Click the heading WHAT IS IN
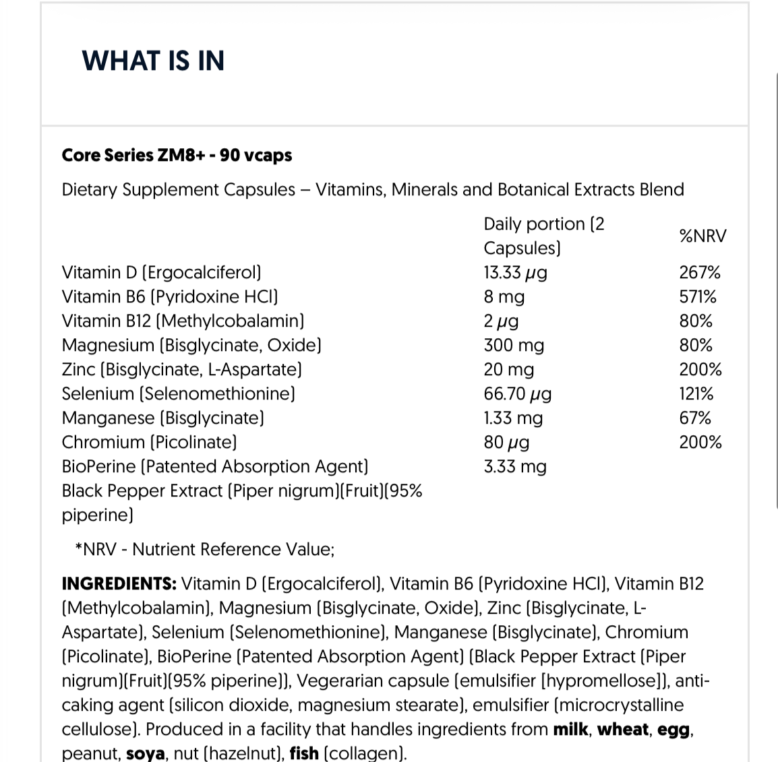point(153,61)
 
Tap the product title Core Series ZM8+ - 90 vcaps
point(177,155)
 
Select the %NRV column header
point(702,236)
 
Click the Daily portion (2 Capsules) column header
point(543,236)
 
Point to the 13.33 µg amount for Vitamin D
point(515,273)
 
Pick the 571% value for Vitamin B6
point(698,297)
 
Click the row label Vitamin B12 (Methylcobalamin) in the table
point(183,321)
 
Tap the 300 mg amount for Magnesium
point(514,346)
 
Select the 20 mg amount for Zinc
point(508,370)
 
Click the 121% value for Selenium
point(696,394)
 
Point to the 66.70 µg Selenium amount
point(517,394)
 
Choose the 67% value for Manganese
point(695,418)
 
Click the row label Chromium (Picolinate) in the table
point(149,443)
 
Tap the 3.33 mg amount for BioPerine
point(515,467)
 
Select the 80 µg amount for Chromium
point(506,443)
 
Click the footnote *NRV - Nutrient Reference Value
point(204,550)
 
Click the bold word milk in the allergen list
point(570,730)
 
